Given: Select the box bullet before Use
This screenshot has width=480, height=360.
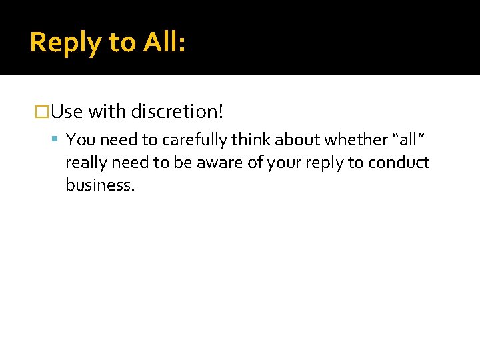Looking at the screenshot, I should tap(42, 111).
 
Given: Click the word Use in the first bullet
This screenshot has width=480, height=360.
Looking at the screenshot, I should tap(67, 111).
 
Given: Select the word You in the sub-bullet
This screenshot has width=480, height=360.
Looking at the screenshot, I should tap(79, 140).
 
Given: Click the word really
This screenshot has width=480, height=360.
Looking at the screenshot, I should tap(86, 163).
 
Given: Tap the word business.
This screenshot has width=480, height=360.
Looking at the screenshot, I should tap(100, 185).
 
